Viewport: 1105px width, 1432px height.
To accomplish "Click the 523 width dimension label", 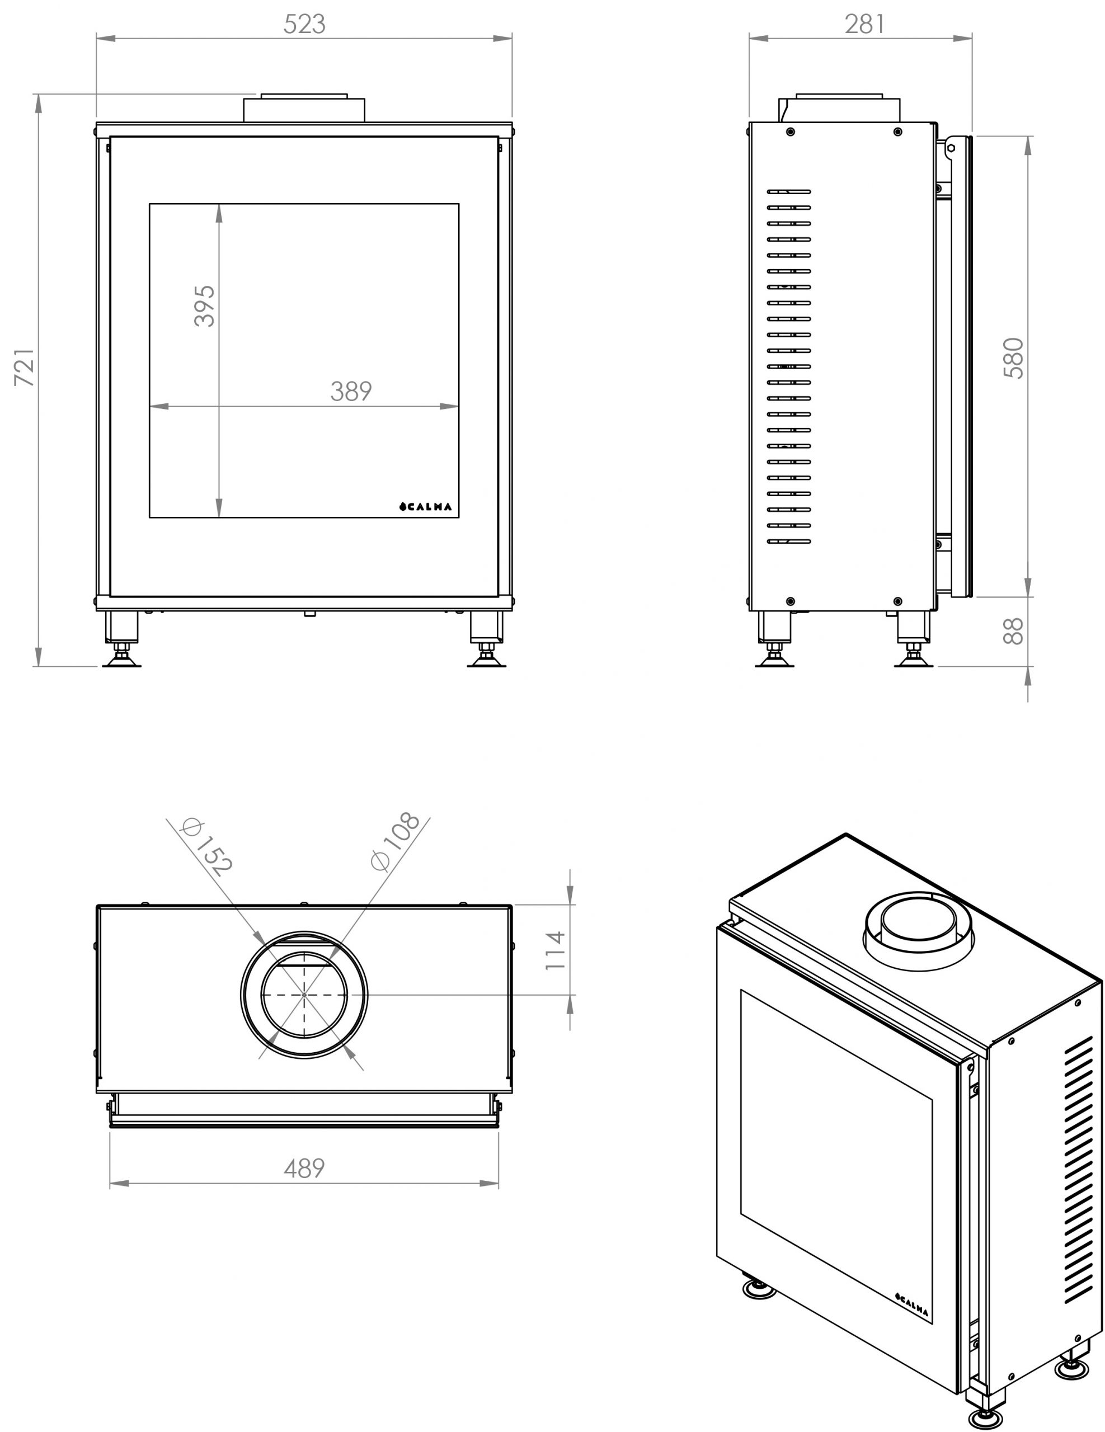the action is click(304, 24).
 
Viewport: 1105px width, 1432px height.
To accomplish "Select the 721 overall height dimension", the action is click(25, 367).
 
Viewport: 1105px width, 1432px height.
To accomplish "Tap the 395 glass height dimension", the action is click(204, 305).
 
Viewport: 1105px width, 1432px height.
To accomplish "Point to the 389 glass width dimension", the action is click(351, 392).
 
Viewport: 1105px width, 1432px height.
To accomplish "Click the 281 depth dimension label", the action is click(864, 24).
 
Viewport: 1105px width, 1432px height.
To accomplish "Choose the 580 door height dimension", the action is click(1013, 358).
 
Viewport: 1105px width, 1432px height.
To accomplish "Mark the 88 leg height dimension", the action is click(1013, 631).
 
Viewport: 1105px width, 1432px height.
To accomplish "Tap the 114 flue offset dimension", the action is click(555, 950).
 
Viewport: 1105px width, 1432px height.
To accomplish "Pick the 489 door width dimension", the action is click(304, 1168).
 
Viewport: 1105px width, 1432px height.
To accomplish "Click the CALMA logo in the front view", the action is click(426, 506).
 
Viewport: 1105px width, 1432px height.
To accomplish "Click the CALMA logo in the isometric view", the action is click(912, 1305).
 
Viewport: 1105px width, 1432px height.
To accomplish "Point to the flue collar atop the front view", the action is click(304, 108).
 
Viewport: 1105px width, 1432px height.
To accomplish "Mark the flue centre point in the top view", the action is click(304, 995).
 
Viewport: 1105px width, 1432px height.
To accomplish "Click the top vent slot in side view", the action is click(789, 192).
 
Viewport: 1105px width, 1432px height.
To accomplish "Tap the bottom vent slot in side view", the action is click(789, 541).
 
